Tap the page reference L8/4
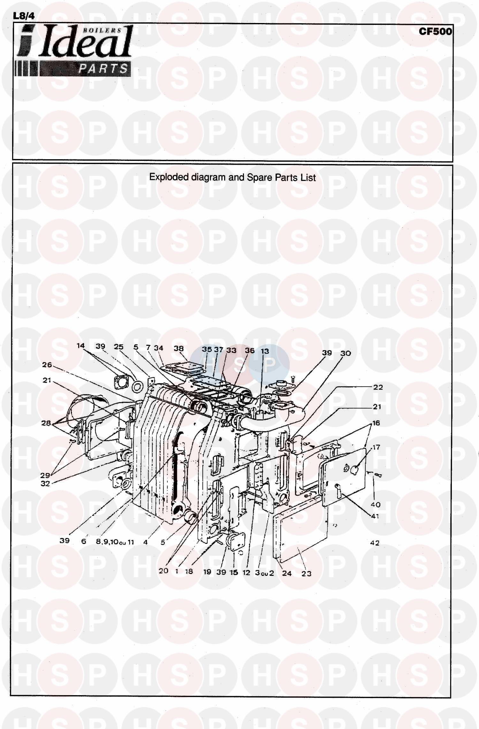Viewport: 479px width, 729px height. click(x=24, y=16)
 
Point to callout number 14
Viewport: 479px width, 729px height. click(x=81, y=345)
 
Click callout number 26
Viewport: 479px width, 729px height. click(x=47, y=365)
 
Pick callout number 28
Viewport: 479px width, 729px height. click(x=46, y=423)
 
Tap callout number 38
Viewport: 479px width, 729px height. click(x=179, y=348)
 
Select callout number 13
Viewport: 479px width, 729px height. click(x=265, y=351)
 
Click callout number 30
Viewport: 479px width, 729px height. click(x=346, y=353)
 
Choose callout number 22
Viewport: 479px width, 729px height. click(x=378, y=387)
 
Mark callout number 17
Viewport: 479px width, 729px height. click(x=376, y=447)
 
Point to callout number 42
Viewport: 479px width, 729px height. click(x=375, y=543)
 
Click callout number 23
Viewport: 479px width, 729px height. click(x=306, y=574)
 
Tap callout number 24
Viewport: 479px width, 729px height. click(x=287, y=573)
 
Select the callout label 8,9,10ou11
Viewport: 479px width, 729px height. click(x=115, y=542)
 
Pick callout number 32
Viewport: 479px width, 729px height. click(x=45, y=484)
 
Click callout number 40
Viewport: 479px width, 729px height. click(x=376, y=505)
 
